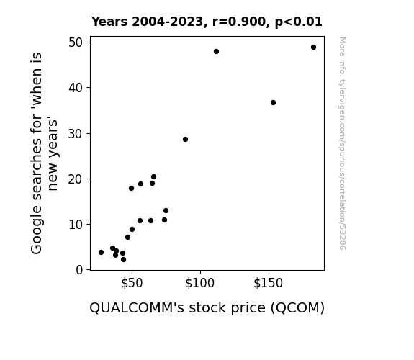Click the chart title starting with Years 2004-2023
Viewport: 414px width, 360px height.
pyautogui.click(x=207, y=22)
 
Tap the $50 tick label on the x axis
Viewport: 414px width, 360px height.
pyautogui.click(x=132, y=283)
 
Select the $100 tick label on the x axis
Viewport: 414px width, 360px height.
pyautogui.click(x=199, y=283)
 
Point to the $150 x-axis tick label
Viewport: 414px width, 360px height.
pyautogui.click(x=268, y=283)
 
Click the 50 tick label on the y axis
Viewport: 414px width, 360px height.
pyautogui.click(x=76, y=42)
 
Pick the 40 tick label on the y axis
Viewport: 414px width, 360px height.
pyautogui.click(x=76, y=88)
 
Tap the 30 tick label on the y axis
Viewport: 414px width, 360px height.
pyautogui.click(x=76, y=134)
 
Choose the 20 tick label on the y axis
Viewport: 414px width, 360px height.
pyautogui.click(x=76, y=179)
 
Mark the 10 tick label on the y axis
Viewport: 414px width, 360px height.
pyautogui.click(x=76, y=225)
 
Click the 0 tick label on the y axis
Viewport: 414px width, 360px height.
pyautogui.click(x=79, y=270)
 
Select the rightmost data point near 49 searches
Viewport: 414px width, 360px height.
pyautogui.click(x=313, y=48)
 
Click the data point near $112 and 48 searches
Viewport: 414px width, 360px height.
pyautogui.click(x=216, y=52)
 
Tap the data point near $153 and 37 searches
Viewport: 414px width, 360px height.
pyautogui.click(x=274, y=102)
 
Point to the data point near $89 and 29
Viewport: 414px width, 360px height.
pyautogui.click(x=185, y=139)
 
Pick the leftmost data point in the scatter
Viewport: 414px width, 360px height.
pyautogui.click(x=101, y=252)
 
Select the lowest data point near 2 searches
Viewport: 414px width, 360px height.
pyautogui.click(x=123, y=259)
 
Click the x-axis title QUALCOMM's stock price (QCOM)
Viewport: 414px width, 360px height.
pyautogui.click(x=207, y=308)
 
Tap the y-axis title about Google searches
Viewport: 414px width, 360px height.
pyautogui.click(x=44, y=153)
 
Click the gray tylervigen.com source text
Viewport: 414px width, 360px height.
pyautogui.click(x=342, y=143)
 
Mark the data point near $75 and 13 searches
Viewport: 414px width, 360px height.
pyautogui.click(x=166, y=210)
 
